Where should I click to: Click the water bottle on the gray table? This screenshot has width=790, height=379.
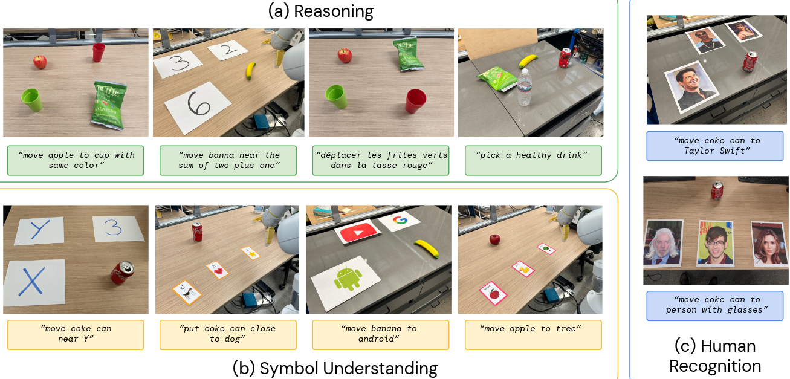(x=525, y=87)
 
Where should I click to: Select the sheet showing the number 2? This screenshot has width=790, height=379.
(x=227, y=50)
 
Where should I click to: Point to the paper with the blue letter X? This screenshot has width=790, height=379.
(x=34, y=282)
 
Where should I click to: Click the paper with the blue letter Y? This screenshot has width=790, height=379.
(x=39, y=230)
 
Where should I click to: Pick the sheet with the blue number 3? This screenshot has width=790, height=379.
(x=118, y=228)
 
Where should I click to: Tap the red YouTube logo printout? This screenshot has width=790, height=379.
(x=358, y=232)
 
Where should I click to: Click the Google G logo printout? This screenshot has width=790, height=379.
(x=400, y=221)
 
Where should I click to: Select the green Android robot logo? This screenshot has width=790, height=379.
(x=348, y=279)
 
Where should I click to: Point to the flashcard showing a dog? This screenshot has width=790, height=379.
(x=187, y=293)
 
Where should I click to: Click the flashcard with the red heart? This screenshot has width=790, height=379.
(x=218, y=270)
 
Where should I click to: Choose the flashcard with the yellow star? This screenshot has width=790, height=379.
(x=251, y=253)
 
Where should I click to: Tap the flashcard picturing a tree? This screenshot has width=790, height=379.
(x=546, y=248)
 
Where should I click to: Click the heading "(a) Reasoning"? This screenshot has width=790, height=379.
(x=320, y=11)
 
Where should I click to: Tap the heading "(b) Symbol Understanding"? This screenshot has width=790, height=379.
(x=335, y=368)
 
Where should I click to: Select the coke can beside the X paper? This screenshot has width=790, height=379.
(x=122, y=273)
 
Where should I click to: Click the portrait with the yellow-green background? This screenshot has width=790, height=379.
(x=715, y=243)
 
